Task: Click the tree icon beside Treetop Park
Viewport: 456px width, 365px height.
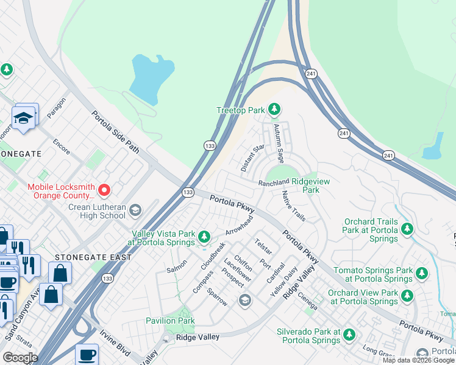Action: click(274, 109)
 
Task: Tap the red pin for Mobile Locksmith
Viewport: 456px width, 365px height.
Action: click(104, 190)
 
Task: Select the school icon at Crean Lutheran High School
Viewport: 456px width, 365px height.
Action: click(135, 210)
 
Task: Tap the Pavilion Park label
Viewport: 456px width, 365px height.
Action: click(169, 321)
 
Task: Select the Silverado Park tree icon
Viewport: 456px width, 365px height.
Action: click(349, 334)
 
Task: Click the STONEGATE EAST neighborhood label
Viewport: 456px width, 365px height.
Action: click(93, 257)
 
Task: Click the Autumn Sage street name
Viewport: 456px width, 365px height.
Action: click(279, 144)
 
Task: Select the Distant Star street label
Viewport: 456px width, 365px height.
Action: click(252, 158)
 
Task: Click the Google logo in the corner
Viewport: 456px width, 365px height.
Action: click(20, 358)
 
